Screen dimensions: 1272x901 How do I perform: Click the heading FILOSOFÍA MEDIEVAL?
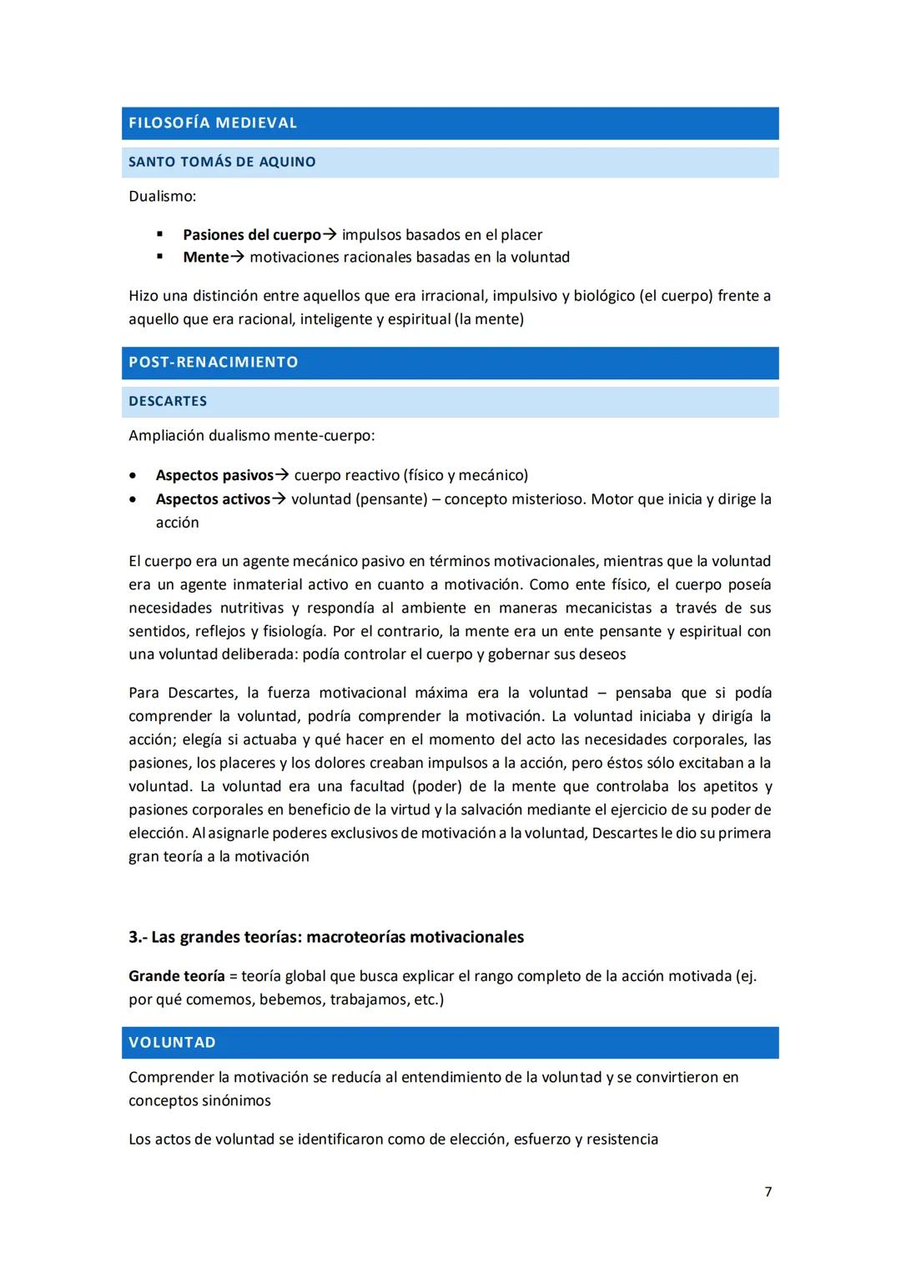point(213,123)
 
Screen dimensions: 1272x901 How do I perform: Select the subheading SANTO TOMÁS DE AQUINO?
point(222,163)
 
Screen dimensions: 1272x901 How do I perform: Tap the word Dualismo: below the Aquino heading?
point(162,197)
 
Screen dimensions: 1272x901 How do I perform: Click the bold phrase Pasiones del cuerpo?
point(251,235)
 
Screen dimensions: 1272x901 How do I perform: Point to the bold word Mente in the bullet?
point(205,258)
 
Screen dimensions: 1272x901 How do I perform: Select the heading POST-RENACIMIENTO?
point(214,363)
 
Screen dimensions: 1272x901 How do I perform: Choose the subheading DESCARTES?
point(168,402)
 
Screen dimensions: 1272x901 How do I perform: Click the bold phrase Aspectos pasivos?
point(214,475)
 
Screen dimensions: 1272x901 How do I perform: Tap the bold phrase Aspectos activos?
point(213,499)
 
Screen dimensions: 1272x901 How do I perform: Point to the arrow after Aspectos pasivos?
point(282,475)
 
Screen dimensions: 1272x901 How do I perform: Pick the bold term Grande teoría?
point(176,976)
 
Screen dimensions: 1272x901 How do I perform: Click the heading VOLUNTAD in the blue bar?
point(172,1043)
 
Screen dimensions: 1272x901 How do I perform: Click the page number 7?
point(768,1192)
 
